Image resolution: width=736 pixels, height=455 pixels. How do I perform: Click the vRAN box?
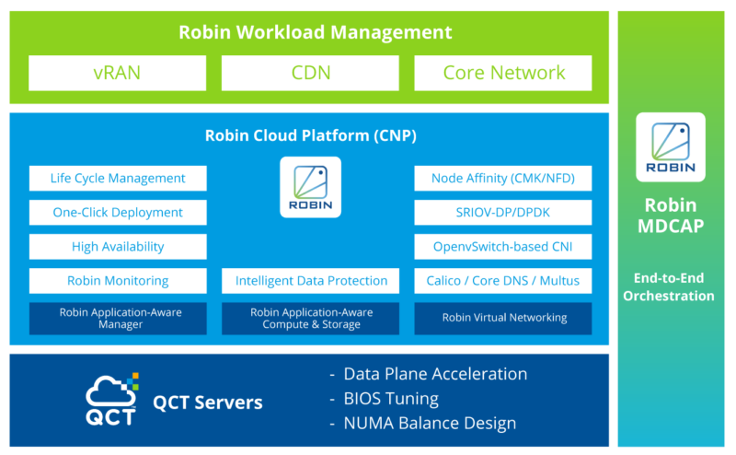pyautogui.click(x=118, y=73)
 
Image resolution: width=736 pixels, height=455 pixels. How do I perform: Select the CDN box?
pyautogui.click(x=310, y=73)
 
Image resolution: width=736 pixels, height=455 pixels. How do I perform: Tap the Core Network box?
pyautogui.click(x=503, y=73)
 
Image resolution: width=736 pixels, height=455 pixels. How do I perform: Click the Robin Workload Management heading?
pyautogui.click(x=315, y=32)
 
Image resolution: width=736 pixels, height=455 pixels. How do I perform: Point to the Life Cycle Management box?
pyautogui.click(x=118, y=178)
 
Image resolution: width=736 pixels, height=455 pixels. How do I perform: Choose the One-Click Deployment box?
pyautogui.click(x=118, y=213)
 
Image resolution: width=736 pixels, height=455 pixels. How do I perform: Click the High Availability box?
pyautogui.click(x=118, y=247)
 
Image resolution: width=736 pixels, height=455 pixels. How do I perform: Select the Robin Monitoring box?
pyautogui.click(x=118, y=281)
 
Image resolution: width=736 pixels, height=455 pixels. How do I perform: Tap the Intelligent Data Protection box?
pyautogui.click(x=310, y=281)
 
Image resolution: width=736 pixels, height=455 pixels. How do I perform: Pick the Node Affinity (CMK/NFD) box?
pyautogui.click(x=503, y=178)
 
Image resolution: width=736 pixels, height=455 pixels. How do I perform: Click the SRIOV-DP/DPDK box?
pyautogui.click(x=503, y=213)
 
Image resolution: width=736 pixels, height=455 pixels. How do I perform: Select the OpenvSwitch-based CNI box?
pyautogui.click(x=503, y=247)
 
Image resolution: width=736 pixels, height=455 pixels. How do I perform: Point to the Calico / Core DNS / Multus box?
pyautogui.click(x=503, y=281)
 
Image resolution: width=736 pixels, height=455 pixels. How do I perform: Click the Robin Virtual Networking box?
pyautogui.click(x=503, y=318)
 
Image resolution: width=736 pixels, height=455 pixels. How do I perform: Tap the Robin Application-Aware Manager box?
pyautogui.click(x=118, y=318)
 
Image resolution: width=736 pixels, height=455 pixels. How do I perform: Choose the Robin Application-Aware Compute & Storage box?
pyautogui.click(x=310, y=318)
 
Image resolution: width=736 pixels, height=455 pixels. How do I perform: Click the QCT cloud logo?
pyautogui.click(x=112, y=399)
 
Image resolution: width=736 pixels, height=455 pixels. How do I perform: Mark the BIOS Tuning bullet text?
pyautogui.click(x=391, y=399)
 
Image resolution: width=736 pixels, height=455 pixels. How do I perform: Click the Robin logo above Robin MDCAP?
pyautogui.click(x=671, y=147)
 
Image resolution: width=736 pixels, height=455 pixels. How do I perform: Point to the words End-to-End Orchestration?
pyautogui.click(x=669, y=286)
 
